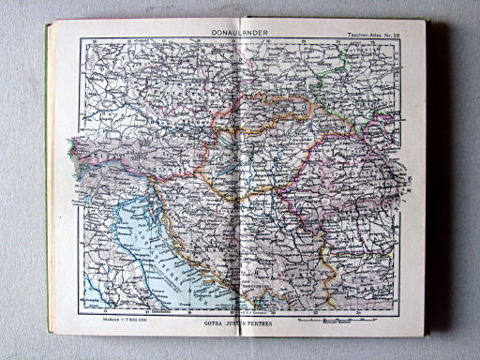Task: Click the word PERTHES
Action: (x=268, y=322)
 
